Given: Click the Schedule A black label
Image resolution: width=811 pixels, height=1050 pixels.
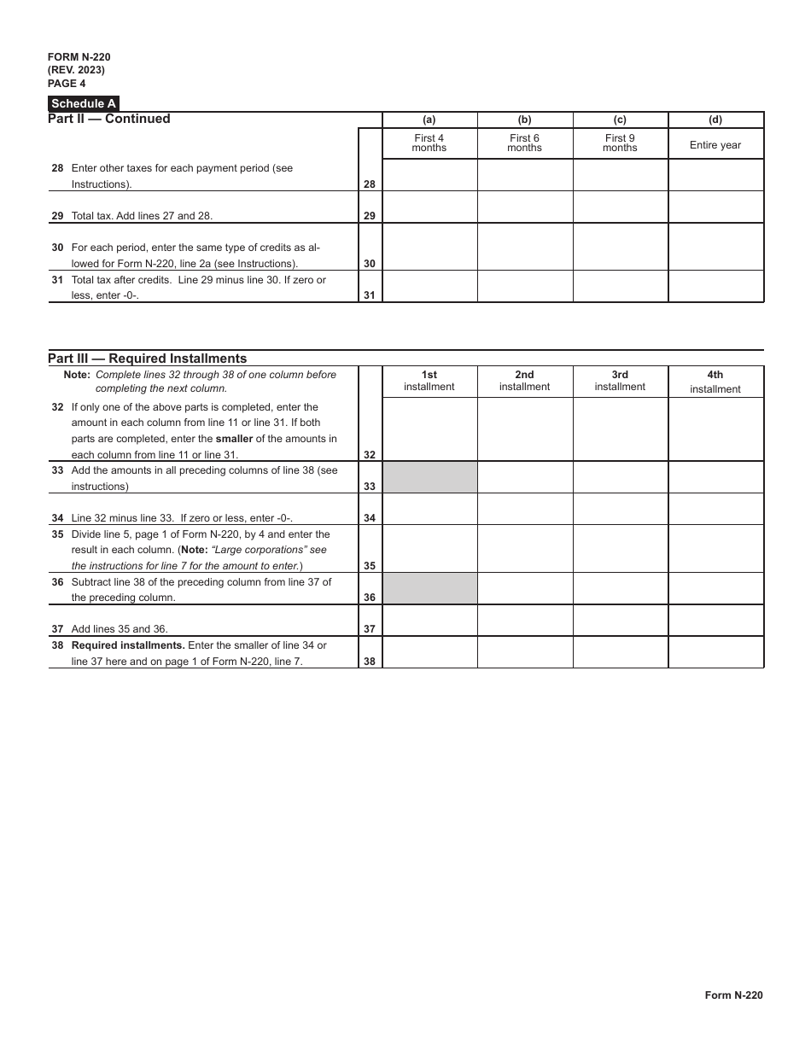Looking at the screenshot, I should [84, 104].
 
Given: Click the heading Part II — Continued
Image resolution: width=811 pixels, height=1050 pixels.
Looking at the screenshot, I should [109, 120].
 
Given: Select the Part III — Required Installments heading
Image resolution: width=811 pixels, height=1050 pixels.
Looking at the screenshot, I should [148, 359].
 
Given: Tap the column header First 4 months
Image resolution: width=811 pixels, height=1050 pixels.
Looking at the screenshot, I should [429, 143].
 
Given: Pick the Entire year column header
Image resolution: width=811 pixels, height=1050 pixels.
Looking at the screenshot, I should [715, 145].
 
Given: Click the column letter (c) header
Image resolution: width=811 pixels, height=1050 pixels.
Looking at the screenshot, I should [620, 120].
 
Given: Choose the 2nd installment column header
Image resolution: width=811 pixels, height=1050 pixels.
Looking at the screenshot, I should [524, 381].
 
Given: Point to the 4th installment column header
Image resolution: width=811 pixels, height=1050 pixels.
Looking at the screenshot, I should [715, 382].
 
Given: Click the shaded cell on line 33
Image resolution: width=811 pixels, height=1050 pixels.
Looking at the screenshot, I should [429, 477].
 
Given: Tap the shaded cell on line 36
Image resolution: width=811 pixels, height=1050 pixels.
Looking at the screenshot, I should [429, 589].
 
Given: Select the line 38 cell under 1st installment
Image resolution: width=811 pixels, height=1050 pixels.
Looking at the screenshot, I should [429, 652].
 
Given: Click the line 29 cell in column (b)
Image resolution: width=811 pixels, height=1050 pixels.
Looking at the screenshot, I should [524, 207].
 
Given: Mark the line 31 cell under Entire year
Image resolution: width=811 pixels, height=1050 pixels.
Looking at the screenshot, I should [715, 287].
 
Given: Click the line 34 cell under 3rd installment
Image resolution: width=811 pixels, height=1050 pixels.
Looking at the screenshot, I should [620, 509].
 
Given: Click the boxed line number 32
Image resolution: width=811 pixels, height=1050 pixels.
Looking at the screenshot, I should [370, 455].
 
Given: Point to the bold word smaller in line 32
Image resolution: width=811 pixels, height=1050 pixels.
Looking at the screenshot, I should [234, 440].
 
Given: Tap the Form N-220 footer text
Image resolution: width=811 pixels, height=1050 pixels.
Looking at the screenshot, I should [733, 995].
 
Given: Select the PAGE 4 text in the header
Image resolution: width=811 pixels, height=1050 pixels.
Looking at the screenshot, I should [67, 84].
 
